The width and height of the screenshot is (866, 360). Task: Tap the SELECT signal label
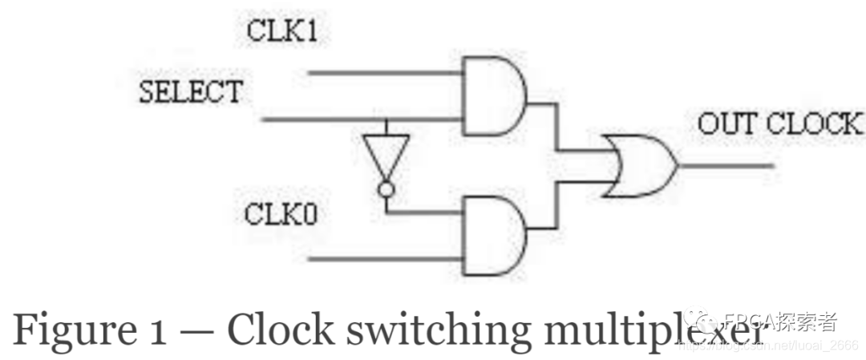(x=190, y=91)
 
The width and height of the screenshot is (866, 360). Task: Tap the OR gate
(x=639, y=166)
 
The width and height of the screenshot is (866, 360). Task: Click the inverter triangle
(x=386, y=157)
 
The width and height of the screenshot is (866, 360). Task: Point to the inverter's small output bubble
(x=386, y=190)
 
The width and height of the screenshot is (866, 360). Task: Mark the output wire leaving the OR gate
(x=726, y=166)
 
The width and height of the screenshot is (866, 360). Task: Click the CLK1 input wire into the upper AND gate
(x=385, y=73)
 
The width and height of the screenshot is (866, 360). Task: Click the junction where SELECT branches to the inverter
(x=386, y=120)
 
